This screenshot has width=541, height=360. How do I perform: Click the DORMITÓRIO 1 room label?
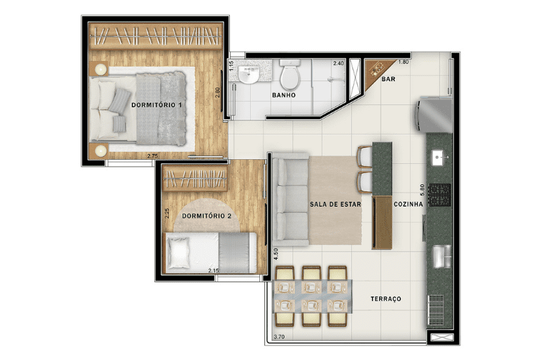coord(156,105)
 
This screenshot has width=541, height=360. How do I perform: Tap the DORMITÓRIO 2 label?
coord(207,216)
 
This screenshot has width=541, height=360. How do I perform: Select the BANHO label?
coord(284,95)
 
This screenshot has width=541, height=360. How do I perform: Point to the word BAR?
coord(388,79)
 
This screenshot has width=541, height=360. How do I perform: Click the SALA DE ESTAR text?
coord(336,204)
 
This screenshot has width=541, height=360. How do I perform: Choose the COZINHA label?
coord(408,204)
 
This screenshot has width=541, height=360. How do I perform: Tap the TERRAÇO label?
coord(385,299)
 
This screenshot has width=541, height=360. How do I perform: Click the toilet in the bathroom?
coord(290,75)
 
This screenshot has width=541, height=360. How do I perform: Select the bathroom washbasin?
coord(248,75)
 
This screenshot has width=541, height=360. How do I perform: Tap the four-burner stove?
coord(439,195)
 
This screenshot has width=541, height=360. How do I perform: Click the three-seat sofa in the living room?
coord(291,200)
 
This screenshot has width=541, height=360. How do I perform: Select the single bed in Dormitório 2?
coord(211,253)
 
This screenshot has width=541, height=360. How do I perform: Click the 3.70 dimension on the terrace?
coord(279,337)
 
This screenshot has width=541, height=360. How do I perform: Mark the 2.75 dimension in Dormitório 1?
coord(153,156)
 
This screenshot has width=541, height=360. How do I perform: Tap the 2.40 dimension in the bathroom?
coord(338,63)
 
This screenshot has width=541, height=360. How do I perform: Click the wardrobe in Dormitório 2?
coord(195,178)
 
